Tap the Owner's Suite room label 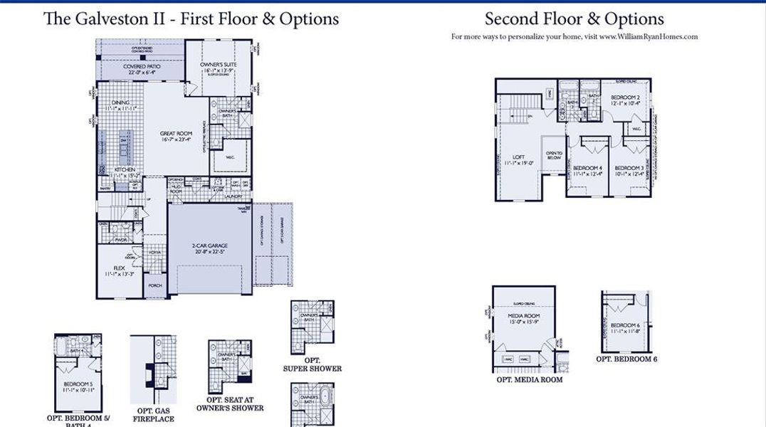click(218, 65)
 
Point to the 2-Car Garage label click(209, 247)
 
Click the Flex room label click(119, 268)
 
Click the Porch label click(154, 285)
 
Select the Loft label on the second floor click(518, 157)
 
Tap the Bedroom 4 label click(587, 168)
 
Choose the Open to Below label click(553, 154)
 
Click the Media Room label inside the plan click(523, 315)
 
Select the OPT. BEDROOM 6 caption click(626, 359)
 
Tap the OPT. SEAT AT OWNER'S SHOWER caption click(230, 404)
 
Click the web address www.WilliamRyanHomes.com click(648, 36)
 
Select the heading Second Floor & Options click(574, 19)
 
